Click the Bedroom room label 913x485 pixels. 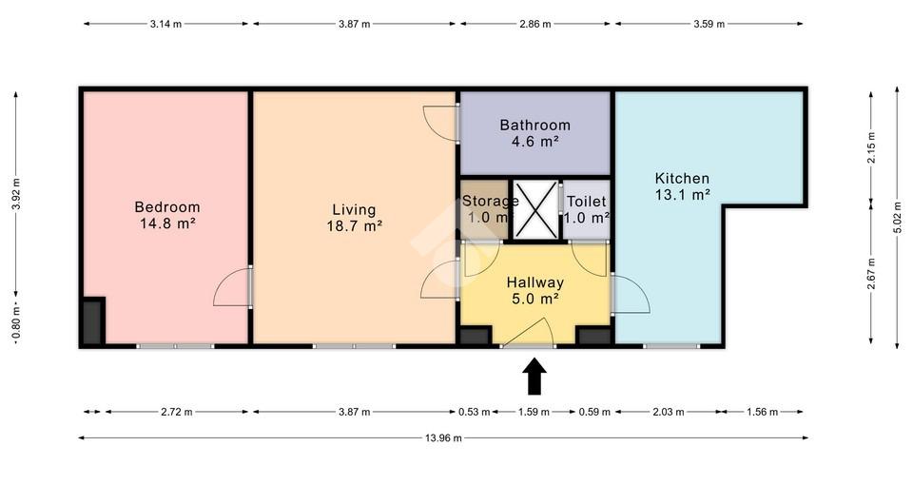[167, 206]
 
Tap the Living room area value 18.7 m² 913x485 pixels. [354, 226]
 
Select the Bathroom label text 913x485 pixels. [534, 125]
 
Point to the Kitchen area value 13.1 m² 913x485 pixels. [683, 194]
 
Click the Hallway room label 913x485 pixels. [535, 282]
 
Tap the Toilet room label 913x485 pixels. [587, 202]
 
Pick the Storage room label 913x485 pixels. [491, 202]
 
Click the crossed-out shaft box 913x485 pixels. [535, 209]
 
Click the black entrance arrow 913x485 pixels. [534, 377]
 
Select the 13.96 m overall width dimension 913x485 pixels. [443, 437]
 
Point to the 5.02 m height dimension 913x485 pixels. [897, 218]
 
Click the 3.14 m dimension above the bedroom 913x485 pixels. [165, 24]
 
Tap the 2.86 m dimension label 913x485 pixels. [535, 24]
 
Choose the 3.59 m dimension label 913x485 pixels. [709, 24]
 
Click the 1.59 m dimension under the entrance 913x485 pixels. [534, 412]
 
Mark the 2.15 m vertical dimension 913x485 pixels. [872, 148]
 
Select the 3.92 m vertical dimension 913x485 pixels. [16, 194]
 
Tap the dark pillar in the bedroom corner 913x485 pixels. [92, 321]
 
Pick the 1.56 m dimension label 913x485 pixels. [762, 412]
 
